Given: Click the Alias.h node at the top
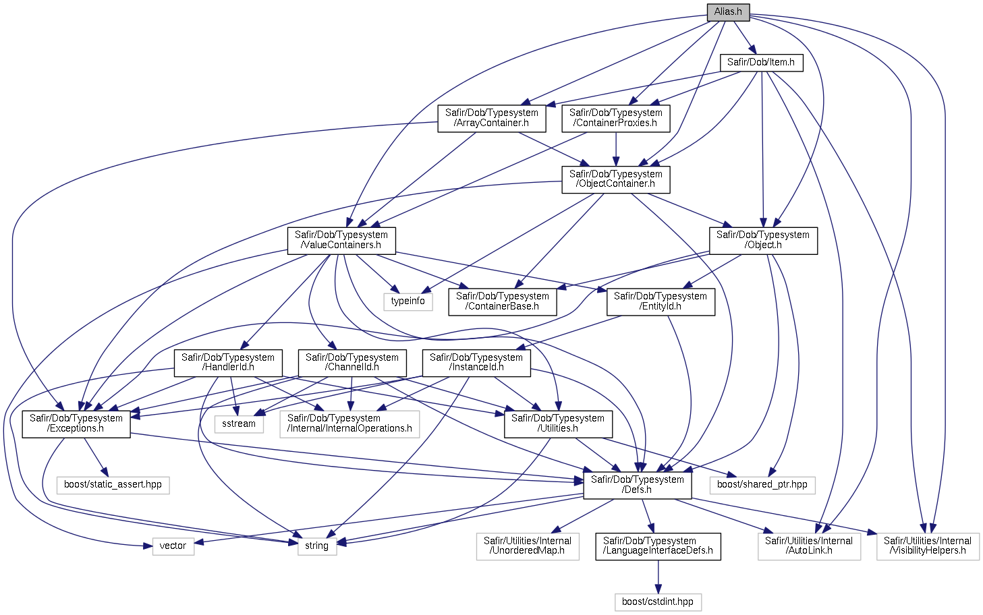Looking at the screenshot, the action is [728, 12].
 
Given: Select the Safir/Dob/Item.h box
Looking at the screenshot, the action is [761, 63].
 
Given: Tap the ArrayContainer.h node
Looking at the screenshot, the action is [491, 118].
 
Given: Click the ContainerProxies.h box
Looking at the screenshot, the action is [616, 118].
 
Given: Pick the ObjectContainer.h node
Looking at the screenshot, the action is [616, 179].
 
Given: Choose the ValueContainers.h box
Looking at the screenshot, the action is [341, 240].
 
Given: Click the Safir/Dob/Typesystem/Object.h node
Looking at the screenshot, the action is [763, 240].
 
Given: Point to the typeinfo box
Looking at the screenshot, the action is [408, 302].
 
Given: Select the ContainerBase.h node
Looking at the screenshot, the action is [503, 302].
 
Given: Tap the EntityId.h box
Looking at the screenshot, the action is [661, 302].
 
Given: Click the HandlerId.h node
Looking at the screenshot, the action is [228, 363].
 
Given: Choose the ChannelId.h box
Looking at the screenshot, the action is [352, 363].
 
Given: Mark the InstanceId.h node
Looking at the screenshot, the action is [476, 363].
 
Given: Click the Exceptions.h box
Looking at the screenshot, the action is [76, 423].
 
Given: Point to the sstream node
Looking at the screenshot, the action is [239, 424].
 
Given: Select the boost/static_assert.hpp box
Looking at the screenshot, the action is [113, 485].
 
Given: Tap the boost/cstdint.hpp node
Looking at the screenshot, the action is [658, 602].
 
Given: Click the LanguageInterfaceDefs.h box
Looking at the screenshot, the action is [658, 546].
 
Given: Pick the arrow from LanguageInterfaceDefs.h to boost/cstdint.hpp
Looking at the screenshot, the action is [658, 577].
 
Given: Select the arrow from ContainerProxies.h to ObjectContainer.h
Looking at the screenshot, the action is [616, 149].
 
